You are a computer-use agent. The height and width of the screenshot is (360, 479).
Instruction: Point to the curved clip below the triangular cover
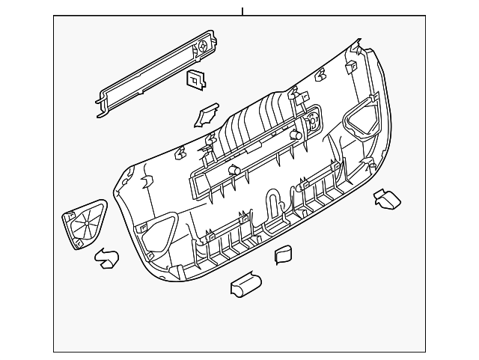(106, 259)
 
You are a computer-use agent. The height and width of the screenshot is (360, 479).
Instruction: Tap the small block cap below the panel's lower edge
(284, 254)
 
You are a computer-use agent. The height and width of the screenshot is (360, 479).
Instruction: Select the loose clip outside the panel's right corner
(387, 199)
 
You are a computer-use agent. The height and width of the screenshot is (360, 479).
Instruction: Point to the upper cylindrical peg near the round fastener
(296, 136)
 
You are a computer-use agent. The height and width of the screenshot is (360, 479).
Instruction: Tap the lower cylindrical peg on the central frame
(234, 171)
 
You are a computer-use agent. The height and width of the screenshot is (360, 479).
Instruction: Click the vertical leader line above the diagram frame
(242, 10)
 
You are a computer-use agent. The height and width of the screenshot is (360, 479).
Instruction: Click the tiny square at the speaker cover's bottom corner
(79, 244)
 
